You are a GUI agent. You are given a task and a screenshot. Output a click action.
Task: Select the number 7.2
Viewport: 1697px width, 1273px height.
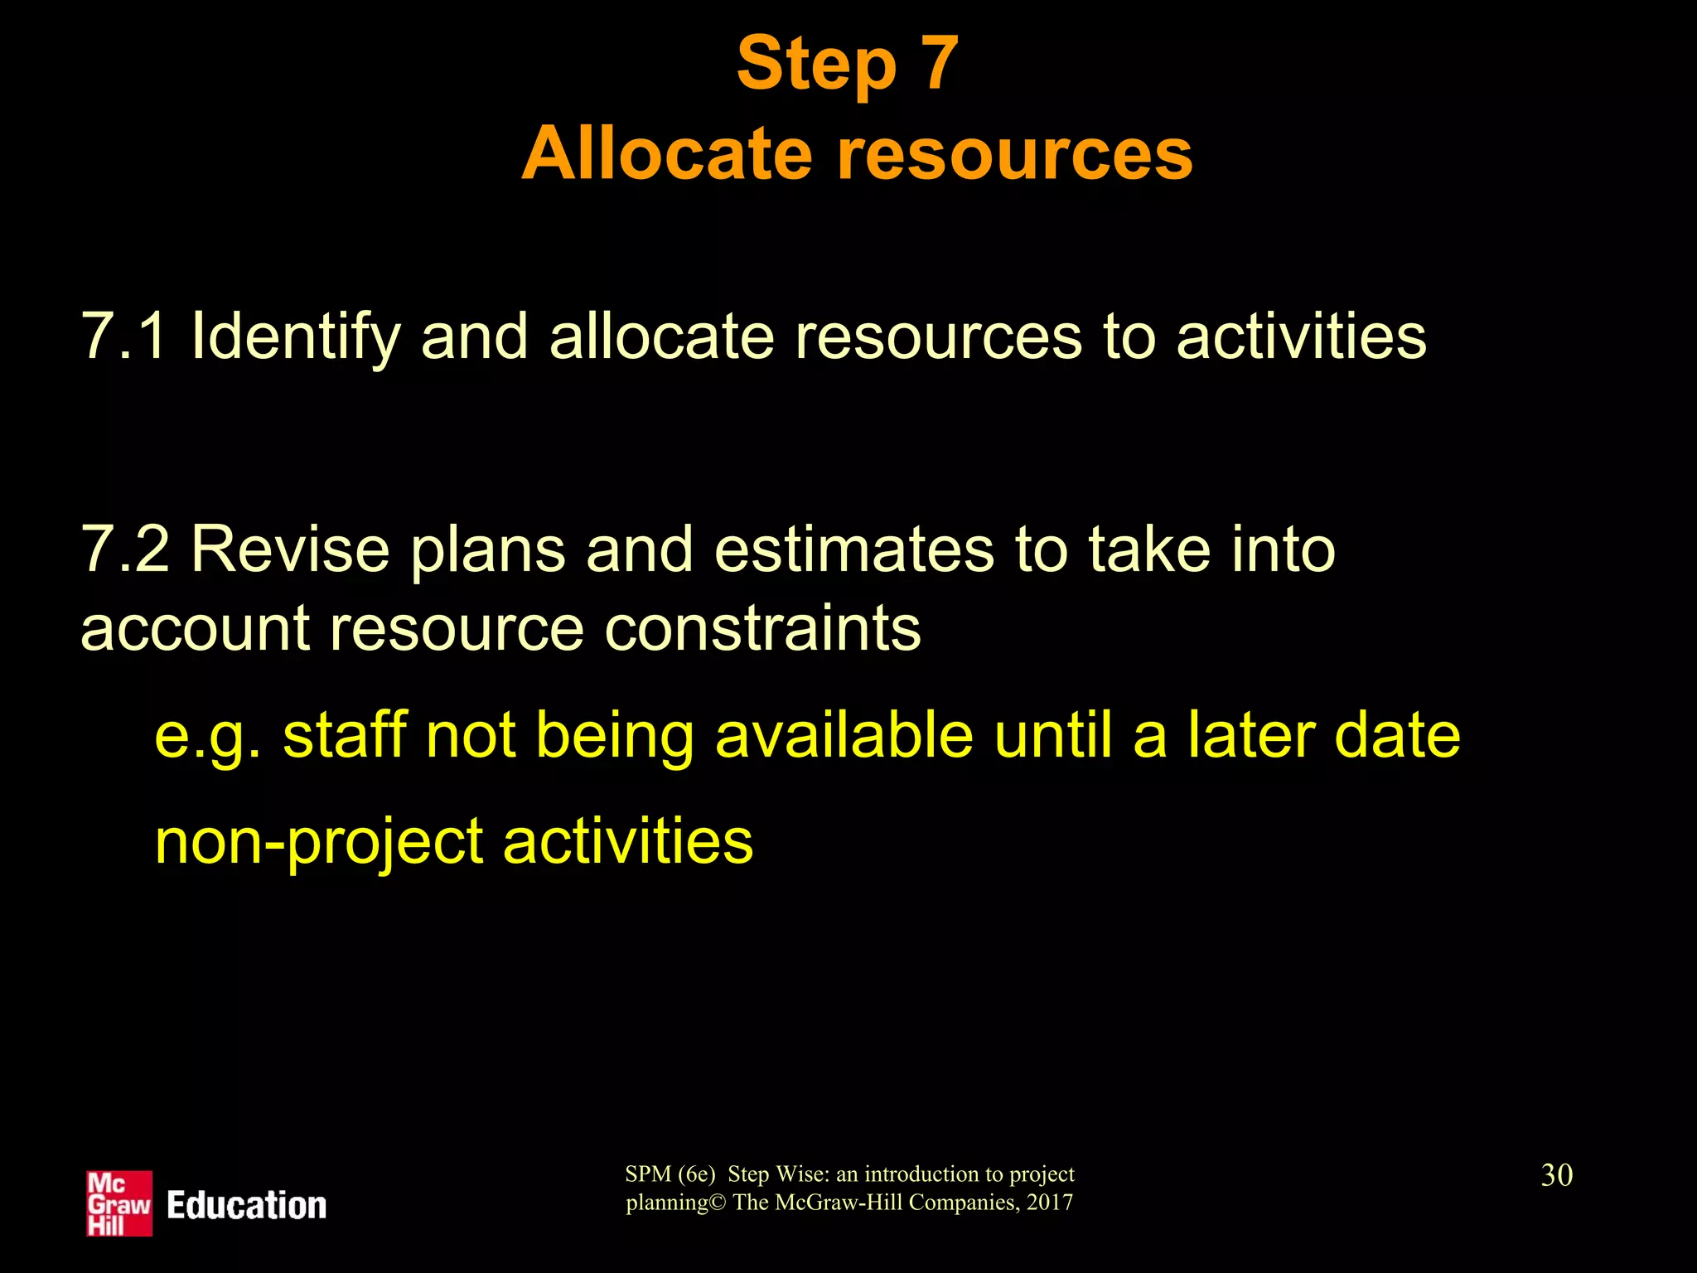point(124,549)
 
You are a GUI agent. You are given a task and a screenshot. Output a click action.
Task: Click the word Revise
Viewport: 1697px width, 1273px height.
point(290,549)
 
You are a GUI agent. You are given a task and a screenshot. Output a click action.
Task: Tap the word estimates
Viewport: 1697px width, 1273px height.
point(853,549)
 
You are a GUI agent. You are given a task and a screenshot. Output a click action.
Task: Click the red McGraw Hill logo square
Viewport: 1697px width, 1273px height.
point(119,1203)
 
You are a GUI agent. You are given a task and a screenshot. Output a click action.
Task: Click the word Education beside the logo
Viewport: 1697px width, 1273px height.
point(247,1205)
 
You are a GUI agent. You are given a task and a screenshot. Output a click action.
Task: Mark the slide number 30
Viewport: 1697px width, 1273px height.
point(1556,1175)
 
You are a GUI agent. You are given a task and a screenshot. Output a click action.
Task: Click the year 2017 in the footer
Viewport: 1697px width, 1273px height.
point(1049,1203)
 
